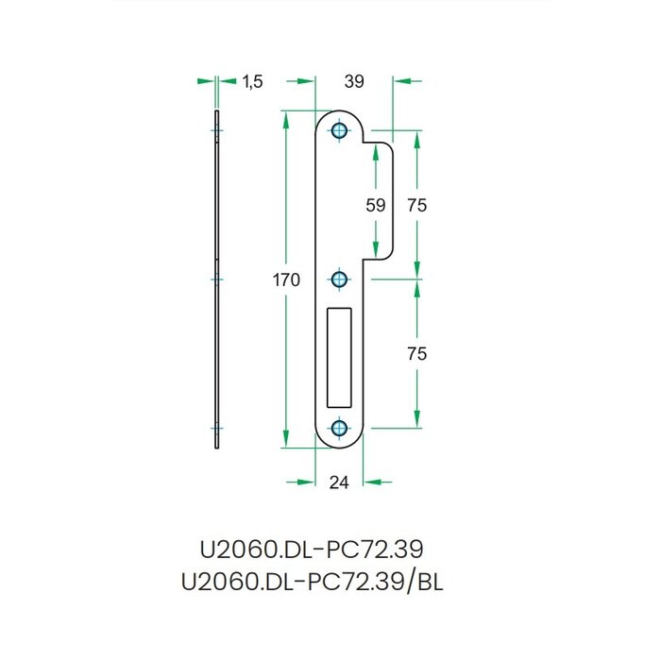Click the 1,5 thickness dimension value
point(252,82)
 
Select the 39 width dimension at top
point(353,82)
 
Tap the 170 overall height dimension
point(286,280)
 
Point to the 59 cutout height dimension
point(376,205)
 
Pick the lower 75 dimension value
point(416,354)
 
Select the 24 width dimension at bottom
point(340,483)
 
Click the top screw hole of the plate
point(340,130)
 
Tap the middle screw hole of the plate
point(340,279)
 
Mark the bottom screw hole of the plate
point(340,428)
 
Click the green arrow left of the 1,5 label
point(205,82)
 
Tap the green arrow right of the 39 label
point(407,82)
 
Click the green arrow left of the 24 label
point(301,483)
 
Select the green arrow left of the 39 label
point(300,82)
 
